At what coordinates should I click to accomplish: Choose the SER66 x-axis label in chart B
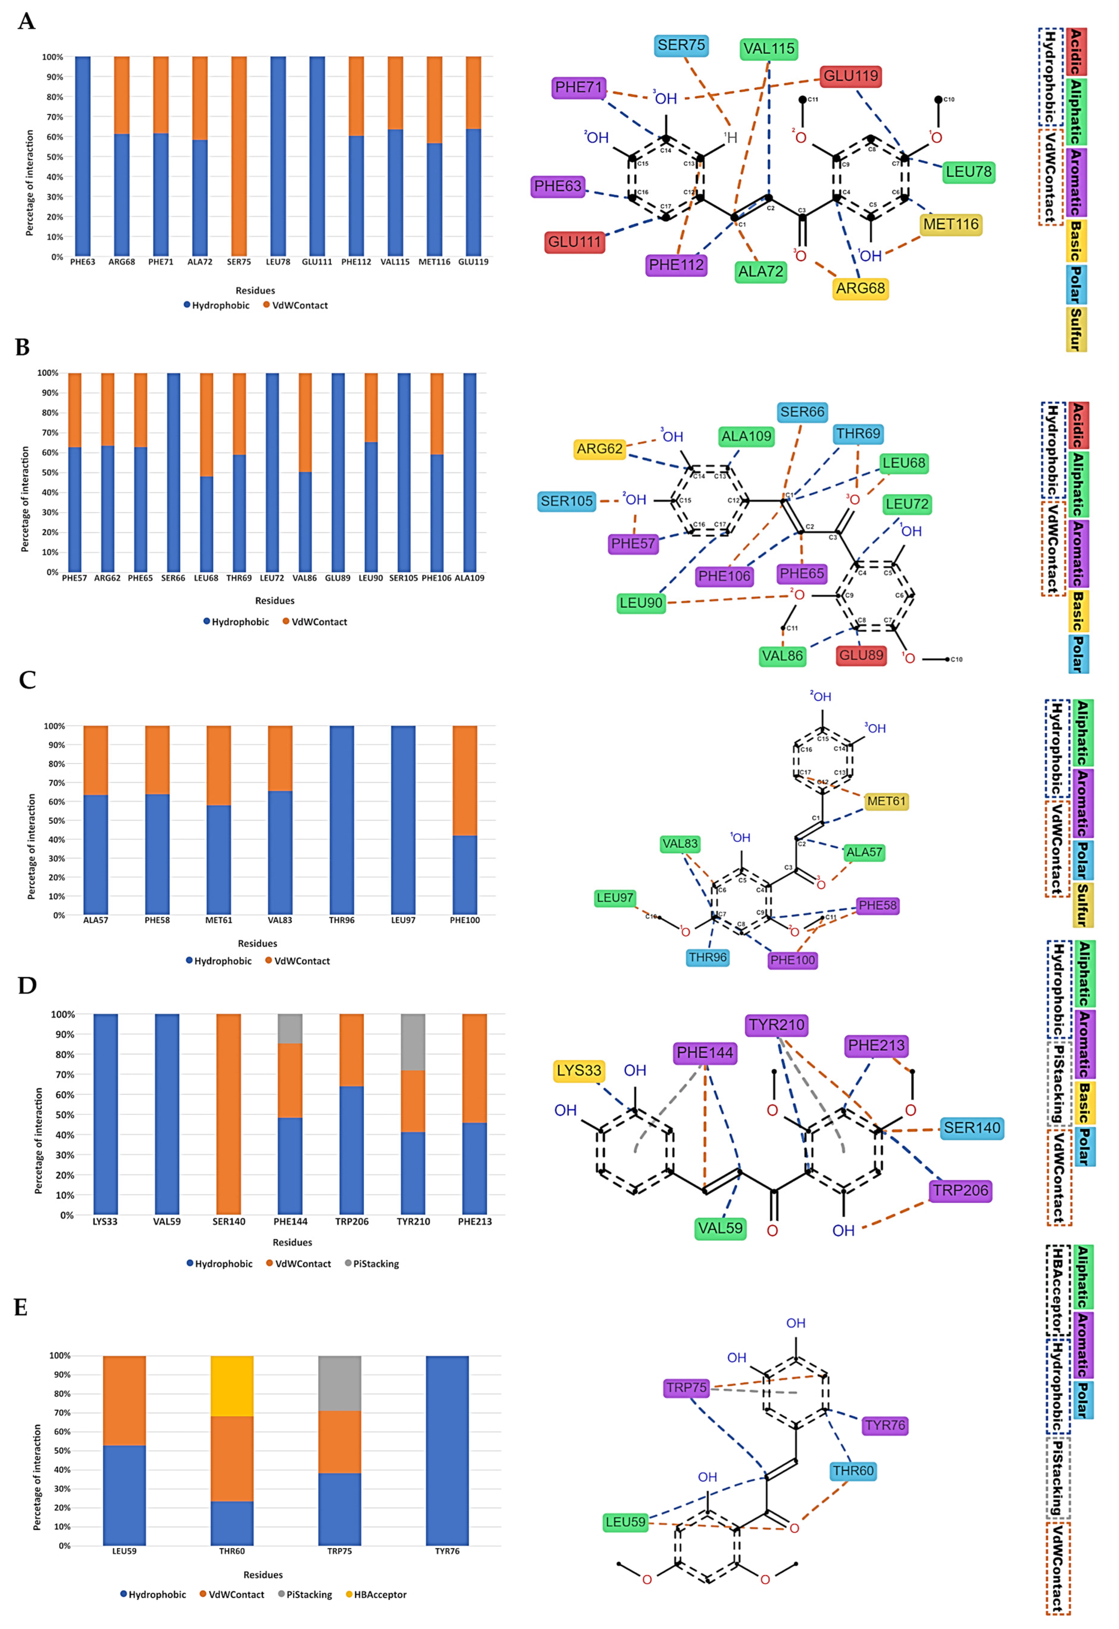(173, 578)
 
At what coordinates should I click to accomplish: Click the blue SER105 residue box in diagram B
(567, 501)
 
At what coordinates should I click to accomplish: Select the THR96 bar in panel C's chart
(341, 820)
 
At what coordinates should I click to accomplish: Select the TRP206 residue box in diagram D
(960, 1191)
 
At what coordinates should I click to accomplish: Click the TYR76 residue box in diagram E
(885, 1426)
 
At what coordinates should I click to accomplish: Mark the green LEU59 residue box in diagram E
(625, 1522)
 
